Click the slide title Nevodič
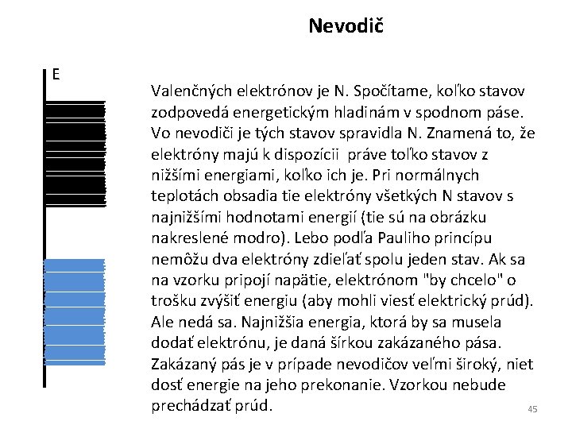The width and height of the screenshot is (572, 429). (x=346, y=26)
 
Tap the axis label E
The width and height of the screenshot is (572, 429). (x=56, y=75)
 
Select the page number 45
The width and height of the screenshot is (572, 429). (x=532, y=409)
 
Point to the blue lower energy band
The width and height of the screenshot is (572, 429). (x=75, y=311)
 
